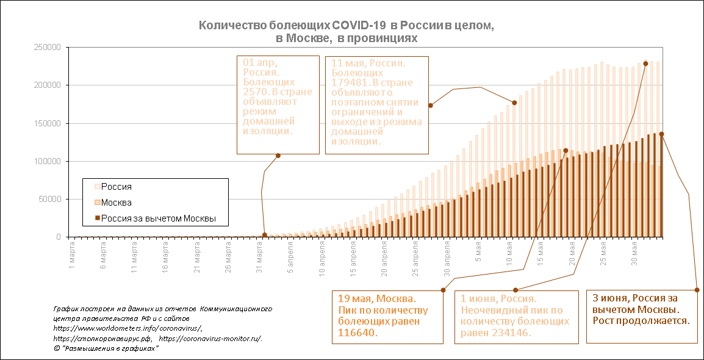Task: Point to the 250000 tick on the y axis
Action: coord(49,48)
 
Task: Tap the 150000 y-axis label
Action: coord(49,123)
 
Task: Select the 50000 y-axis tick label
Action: coord(51,199)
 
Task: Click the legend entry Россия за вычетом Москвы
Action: coord(158,218)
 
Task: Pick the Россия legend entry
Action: coord(116,187)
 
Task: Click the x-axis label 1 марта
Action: coord(73,258)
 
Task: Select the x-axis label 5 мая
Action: coord(480,258)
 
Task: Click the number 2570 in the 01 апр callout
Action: coord(255,92)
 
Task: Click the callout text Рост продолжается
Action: coord(641,320)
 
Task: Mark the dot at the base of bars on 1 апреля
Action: coord(265,235)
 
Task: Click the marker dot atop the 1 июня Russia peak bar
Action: coord(645,63)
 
